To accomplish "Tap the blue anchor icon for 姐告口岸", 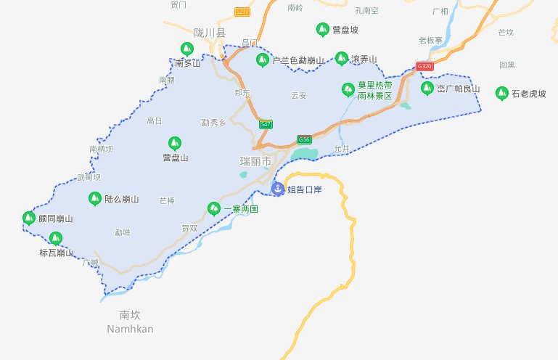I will click(x=277, y=189).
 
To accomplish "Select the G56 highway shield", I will click(x=304, y=139).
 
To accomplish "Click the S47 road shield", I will click(x=266, y=125).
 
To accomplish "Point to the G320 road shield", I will click(x=425, y=66).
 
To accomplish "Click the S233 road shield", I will click(x=242, y=12).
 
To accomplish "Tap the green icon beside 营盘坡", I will click(x=323, y=30).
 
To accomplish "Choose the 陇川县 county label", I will click(x=210, y=33).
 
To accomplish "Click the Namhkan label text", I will click(x=130, y=329).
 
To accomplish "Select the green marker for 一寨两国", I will click(x=213, y=208).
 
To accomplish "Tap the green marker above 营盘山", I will click(x=174, y=143).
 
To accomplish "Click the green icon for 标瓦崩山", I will click(x=55, y=237).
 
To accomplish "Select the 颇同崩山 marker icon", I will click(x=29, y=218).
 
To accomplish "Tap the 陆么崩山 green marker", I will click(x=94, y=198).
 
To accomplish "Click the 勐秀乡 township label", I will click(x=214, y=123).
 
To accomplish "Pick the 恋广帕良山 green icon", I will click(x=427, y=89).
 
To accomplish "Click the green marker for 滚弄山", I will click(x=341, y=58).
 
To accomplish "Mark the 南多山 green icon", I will click(x=186, y=49).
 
